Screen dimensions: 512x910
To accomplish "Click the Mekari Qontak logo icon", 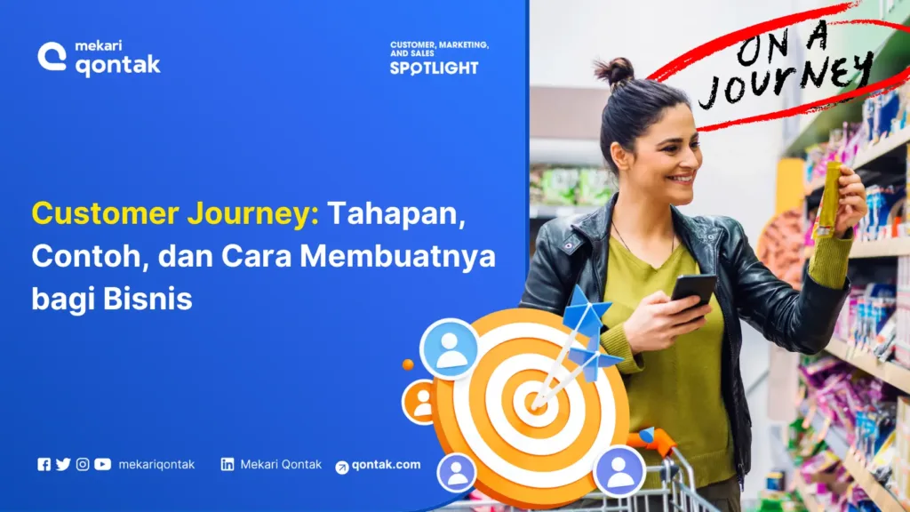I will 52,57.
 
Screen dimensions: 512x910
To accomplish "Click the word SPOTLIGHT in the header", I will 434,68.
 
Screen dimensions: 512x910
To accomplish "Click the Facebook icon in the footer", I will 44,464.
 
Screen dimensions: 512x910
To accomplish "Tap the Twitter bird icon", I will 63,464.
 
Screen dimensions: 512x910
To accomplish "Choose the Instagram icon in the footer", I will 83,464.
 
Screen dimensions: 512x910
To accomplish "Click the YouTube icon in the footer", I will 102,464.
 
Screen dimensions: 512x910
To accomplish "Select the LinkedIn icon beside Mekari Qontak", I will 227,464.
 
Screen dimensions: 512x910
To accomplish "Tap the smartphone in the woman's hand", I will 693,291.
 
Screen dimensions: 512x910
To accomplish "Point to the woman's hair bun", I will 614,70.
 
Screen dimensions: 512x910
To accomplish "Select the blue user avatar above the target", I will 450,348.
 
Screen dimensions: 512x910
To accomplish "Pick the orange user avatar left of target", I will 420,401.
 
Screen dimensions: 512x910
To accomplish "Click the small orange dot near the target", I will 408,364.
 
